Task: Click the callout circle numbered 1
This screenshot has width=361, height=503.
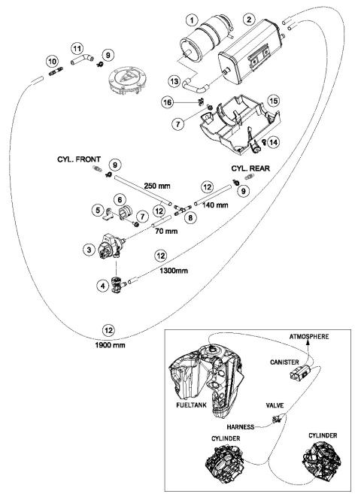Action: click(192, 21)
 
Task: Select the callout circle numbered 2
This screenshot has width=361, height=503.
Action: click(249, 20)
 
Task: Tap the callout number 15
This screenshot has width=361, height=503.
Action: click(273, 101)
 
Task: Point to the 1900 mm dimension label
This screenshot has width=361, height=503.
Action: click(110, 345)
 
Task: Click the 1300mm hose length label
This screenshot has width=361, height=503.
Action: click(174, 271)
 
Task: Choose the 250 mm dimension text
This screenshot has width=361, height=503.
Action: click(157, 186)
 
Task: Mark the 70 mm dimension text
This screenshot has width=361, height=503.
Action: click(166, 231)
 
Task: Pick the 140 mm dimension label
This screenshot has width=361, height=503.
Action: click(215, 205)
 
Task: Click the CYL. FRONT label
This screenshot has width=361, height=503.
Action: click(79, 159)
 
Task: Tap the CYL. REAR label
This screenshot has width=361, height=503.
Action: click(250, 168)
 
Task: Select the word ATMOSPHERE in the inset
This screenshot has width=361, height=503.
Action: click(309, 337)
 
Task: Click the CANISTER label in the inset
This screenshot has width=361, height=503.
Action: click(284, 362)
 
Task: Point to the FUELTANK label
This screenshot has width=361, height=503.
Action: click(191, 405)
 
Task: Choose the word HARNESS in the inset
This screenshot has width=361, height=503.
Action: click(241, 427)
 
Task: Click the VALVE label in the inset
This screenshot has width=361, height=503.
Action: click(275, 405)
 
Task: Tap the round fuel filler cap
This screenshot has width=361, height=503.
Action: click(127, 80)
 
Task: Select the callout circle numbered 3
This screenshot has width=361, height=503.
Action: click(89, 250)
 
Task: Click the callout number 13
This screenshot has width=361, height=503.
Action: click(174, 81)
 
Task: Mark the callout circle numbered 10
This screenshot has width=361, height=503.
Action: click(53, 61)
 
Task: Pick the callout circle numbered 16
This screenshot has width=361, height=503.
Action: click(167, 102)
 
